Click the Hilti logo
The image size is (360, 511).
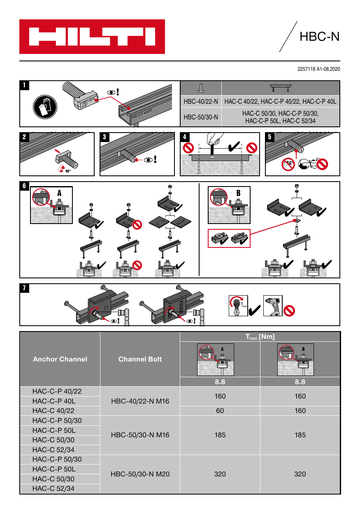click(92, 37)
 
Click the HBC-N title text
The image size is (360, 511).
click(319, 37)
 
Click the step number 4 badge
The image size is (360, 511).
click(186, 137)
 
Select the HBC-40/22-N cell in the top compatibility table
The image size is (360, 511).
click(201, 101)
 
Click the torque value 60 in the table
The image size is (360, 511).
click(220, 411)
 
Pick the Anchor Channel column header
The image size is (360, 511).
click(60, 359)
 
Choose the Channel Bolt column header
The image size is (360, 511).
click(140, 359)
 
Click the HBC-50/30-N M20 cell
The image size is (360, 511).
click(140, 474)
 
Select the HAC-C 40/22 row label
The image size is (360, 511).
click(53, 411)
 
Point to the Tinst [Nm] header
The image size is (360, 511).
click(260, 337)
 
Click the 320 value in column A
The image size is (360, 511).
click(220, 474)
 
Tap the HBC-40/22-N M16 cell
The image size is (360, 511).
click(140, 401)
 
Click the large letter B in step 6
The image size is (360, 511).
click(238, 193)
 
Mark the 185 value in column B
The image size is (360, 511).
click(300, 435)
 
